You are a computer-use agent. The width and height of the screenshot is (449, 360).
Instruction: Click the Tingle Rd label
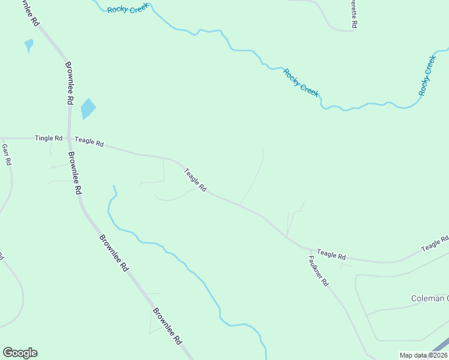click(49, 138)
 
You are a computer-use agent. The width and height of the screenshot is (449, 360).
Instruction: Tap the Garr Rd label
click(7, 155)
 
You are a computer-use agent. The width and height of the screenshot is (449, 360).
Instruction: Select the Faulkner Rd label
click(319, 271)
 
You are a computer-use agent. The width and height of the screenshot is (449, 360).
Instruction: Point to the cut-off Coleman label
click(429, 298)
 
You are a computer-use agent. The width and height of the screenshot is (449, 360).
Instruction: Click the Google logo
click(20, 353)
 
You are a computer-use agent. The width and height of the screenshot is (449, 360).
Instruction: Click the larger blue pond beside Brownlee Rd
click(88, 109)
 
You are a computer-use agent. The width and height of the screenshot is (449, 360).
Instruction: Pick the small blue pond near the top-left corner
click(28, 45)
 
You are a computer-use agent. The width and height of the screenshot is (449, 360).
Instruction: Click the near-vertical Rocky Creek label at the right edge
click(427, 75)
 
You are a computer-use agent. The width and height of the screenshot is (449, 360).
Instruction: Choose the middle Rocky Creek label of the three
click(301, 82)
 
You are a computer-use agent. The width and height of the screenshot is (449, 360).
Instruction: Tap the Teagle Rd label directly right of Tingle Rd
click(89, 142)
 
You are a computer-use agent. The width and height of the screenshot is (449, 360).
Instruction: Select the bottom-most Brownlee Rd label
click(167, 326)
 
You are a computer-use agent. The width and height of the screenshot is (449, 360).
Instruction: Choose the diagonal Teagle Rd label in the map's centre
click(195, 179)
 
